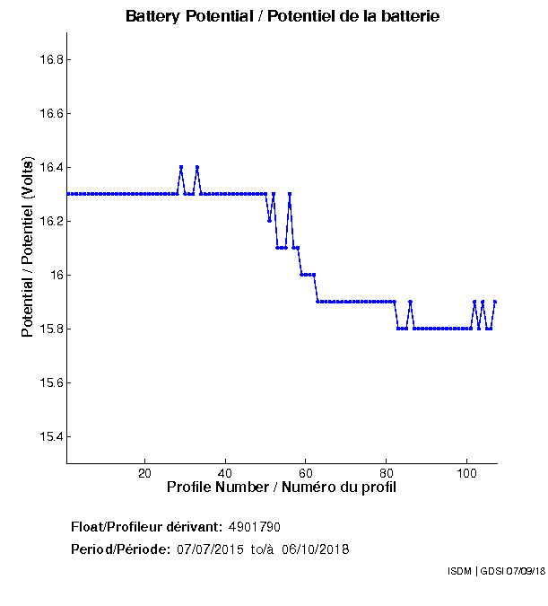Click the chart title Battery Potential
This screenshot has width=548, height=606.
(283, 16)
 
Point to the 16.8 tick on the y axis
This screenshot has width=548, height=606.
(48, 60)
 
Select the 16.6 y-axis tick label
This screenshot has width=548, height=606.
(48, 114)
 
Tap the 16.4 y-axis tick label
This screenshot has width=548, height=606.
(48, 168)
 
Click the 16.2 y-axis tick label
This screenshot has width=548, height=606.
(48, 222)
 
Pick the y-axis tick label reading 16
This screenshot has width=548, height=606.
(54, 275)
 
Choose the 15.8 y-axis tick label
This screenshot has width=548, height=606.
(48, 329)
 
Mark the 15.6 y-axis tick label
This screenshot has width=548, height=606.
(48, 382)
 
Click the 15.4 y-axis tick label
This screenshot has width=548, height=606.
(48, 436)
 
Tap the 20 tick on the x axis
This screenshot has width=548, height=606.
(144, 473)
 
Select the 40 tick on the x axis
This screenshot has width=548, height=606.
(225, 473)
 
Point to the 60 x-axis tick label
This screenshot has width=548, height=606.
(306, 473)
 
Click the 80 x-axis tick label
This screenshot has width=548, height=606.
(387, 473)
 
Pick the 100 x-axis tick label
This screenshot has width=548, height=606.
(466, 473)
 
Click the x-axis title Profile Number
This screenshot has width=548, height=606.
(282, 487)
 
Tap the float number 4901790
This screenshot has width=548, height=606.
(261, 526)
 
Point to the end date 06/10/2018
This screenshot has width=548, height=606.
(316, 549)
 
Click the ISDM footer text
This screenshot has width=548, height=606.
(496, 572)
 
